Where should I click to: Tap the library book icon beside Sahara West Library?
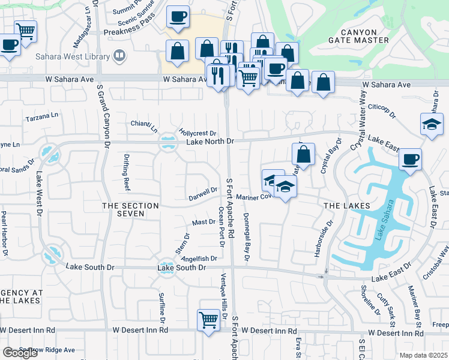[x=119, y=56]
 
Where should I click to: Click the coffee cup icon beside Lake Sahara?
[x=411, y=159]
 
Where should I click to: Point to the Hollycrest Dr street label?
[x=197, y=132]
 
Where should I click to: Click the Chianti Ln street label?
[x=144, y=126]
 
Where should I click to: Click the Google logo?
[x=20, y=353]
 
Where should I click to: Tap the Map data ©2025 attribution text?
[x=423, y=355]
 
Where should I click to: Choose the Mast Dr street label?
[x=203, y=222]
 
